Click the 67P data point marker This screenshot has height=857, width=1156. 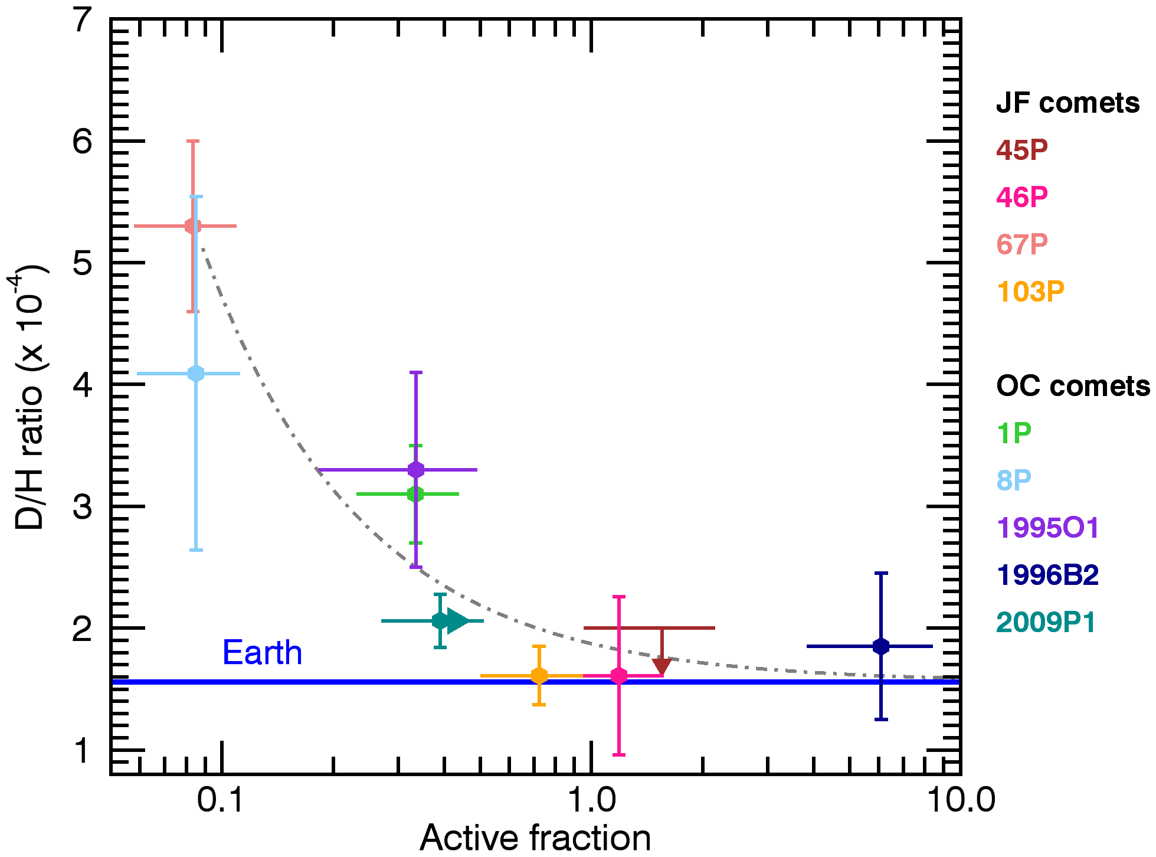pyautogui.click(x=192, y=226)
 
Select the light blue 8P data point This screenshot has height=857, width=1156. pyautogui.click(x=196, y=374)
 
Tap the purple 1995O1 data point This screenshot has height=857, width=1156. pyautogui.click(x=416, y=470)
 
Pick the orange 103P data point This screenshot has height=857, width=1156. pyautogui.click(x=539, y=676)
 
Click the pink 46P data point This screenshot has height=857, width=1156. pyautogui.click(x=618, y=676)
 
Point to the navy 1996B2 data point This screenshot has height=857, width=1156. pyautogui.click(x=880, y=646)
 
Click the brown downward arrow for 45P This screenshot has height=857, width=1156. pyautogui.click(x=661, y=666)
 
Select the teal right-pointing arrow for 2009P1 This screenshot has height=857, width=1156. pyautogui.click(x=457, y=621)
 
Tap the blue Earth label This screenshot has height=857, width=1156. pyautogui.click(x=262, y=653)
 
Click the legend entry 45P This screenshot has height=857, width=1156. pyautogui.click(x=1021, y=150)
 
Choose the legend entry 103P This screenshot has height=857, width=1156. pyautogui.click(x=1030, y=292)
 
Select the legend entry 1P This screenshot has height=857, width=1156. pyautogui.click(x=1014, y=433)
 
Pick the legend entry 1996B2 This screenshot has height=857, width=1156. pyautogui.click(x=1047, y=575)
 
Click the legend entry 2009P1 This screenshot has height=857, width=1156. pyautogui.click(x=1046, y=623)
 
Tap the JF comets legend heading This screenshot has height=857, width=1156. pyautogui.click(x=1067, y=103)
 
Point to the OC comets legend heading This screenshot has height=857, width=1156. pyautogui.click(x=1073, y=386)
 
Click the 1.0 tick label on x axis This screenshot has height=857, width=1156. pyautogui.click(x=591, y=800)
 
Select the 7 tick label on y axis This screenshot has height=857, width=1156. pyautogui.click(x=82, y=21)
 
